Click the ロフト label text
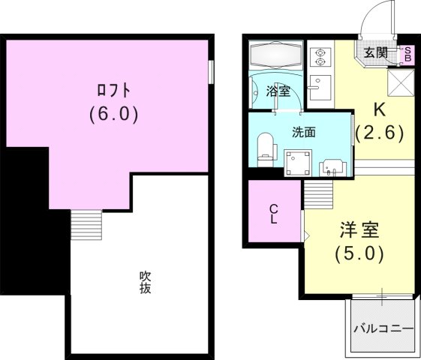coord(114,91)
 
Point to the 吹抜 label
coord(146,281)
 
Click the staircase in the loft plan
coord(85,223)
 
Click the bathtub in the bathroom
coord(277,55)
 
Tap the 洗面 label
coord(303,132)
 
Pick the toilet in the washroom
coord(264,146)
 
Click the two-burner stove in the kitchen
coord(320,58)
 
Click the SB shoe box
coord(408,52)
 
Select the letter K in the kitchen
coord(380,109)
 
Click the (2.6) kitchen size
coord(380,133)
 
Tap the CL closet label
coord(274,214)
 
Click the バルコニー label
coord(381,328)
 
